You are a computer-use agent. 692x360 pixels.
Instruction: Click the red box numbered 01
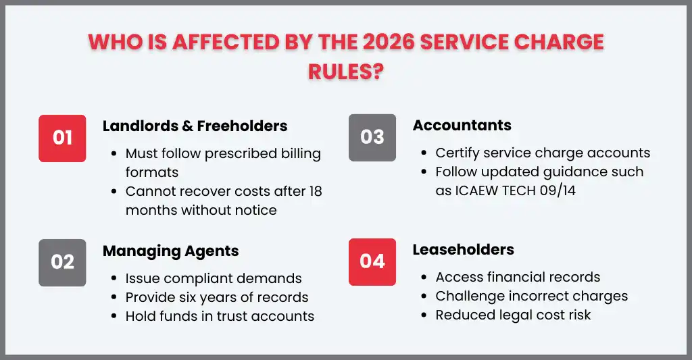(62, 138)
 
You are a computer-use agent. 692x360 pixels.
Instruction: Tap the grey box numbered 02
(62, 262)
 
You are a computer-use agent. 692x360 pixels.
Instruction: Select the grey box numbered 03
(372, 138)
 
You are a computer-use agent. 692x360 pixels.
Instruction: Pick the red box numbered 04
(372, 262)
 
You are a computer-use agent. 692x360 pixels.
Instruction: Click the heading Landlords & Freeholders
(195, 126)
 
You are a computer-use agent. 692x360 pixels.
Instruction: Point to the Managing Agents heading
(170, 251)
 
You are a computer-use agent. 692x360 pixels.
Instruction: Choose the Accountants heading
(462, 126)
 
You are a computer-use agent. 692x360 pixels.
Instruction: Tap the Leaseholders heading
(463, 250)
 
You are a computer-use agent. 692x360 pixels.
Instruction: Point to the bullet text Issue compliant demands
(214, 278)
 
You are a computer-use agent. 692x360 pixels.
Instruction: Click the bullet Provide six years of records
(216, 297)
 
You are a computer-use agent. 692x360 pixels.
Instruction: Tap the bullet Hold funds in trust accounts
(220, 315)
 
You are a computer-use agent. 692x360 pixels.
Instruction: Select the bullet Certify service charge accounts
(543, 153)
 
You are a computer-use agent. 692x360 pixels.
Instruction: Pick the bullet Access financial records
(518, 277)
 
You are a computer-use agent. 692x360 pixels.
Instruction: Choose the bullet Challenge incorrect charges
(531, 296)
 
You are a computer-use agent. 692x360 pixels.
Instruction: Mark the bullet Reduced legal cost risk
(513, 315)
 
